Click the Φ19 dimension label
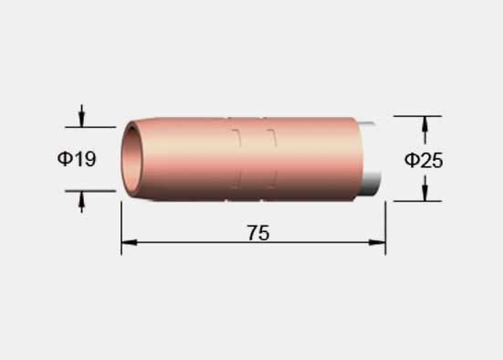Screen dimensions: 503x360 pos(77,159)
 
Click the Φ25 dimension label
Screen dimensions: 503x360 pos(424,160)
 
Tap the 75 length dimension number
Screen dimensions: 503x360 pos(258,233)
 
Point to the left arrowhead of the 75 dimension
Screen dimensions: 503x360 pos(130,242)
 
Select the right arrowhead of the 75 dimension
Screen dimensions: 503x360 pos(377,242)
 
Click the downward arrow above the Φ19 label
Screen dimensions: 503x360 pos(82,116)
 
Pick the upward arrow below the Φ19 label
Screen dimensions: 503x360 pos(82,202)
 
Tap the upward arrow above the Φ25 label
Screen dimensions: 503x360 pos(425,130)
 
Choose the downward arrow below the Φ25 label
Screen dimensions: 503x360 pos(425,188)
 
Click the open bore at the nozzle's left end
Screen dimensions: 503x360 pos(131,160)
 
